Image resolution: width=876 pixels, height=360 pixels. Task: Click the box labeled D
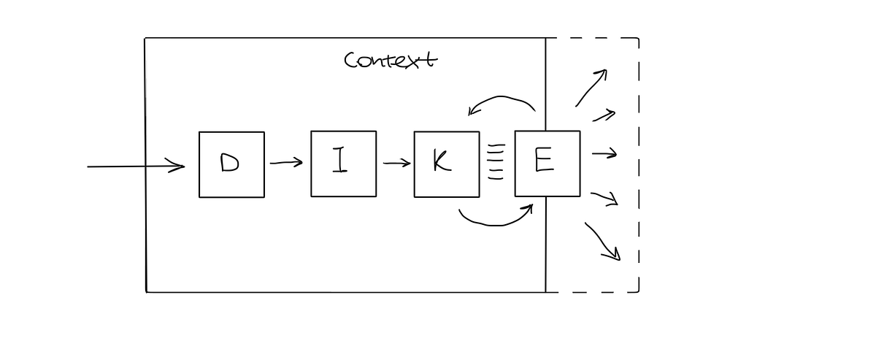tap(231, 164)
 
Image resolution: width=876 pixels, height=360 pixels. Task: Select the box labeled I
tap(343, 164)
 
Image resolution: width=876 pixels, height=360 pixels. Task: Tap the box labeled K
tap(447, 164)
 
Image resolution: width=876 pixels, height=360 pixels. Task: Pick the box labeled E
tap(547, 164)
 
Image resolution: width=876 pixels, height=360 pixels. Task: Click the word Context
tap(391, 60)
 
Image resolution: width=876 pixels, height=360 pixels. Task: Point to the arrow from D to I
tap(285, 163)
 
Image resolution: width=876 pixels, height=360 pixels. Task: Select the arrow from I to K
tap(396, 164)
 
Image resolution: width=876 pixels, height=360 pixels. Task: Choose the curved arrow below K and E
tap(496, 221)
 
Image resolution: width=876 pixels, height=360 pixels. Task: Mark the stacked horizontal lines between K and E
tap(496, 161)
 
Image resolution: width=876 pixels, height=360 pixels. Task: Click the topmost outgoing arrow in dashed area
tap(591, 88)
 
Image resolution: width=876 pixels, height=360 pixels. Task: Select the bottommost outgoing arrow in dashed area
tap(602, 242)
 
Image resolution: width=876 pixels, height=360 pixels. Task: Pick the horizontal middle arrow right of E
tap(604, 154)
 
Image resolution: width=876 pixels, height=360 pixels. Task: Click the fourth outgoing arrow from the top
tap(604, 197)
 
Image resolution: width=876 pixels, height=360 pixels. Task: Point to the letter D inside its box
tap(229, 163)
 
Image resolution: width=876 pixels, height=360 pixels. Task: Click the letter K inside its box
tap(441, 162)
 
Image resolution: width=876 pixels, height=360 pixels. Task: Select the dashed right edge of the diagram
tap(639, 164)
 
